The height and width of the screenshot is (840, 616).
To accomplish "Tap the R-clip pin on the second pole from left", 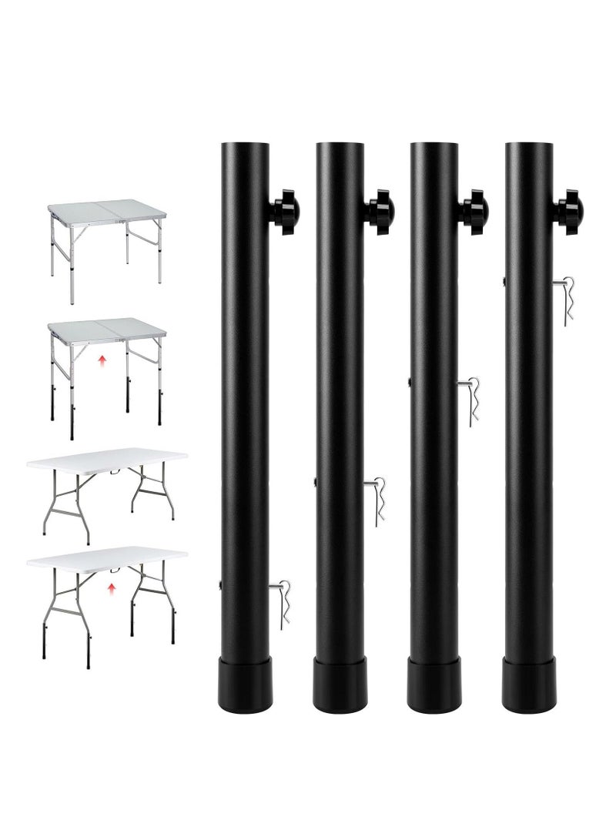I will (377, 500).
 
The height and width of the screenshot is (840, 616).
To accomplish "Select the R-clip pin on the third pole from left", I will (472, 399).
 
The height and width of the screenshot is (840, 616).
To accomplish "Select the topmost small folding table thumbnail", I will (107, 238).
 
